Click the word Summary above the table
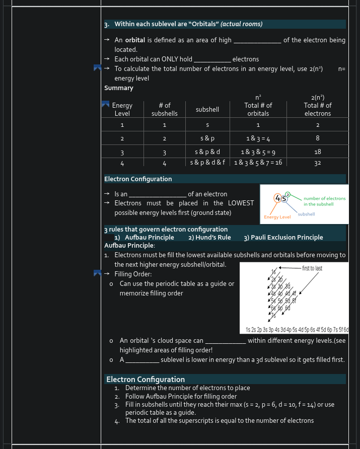click(x=119, y=88)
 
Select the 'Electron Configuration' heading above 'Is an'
click(x=138, y=179)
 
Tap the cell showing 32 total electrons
click(x=317, y=163)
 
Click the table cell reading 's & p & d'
click(x=207, y=152)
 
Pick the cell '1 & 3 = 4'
click(x=258, y=138)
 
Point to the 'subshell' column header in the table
click(x=207, y=109)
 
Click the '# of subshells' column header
click(x=164, y=109)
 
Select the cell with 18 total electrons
click(x=317, y=152)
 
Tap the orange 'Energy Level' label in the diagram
click(x=277, y=217)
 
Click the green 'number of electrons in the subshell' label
click(x=324, y=201)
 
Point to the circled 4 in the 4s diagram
click(x=278, y=198)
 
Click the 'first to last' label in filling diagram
click(x=312, y=268)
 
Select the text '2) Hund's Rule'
click(x=209, y=238)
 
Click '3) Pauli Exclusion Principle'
click(x=283, y=238)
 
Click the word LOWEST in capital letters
click(x=241, y=203)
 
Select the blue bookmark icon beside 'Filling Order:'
click(x=98, y=274)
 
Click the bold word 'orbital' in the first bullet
click(x=135, y=40)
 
